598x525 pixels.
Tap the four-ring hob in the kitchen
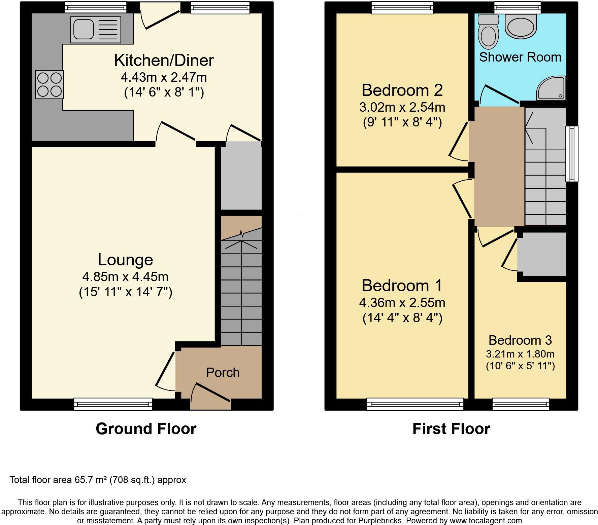pyautogui.click(x=49, y=84)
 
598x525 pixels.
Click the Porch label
pyautogui.click(x=223, y=373)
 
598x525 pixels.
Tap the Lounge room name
pyautogui.click(x=125, y=260)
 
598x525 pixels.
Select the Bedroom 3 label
pyautogui.click(x=520, y=340)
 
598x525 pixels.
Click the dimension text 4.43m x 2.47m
pyautogui.click(x=164, y=78)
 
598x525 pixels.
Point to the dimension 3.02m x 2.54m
pyautogui.click(x=402, y=107)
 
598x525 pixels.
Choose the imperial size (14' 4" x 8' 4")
pyautogui.click(x=402, y=318)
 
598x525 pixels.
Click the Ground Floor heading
pyautogui.click(x=146, y=429)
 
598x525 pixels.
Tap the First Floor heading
pyautogui.click(x=451, y=429)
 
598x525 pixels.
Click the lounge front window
pyautogui.click(x=113, y=404)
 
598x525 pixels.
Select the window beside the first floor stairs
pyautogui.click(x=572, y=154)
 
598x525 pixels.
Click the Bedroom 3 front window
pyautogui.click(x=520, y=404)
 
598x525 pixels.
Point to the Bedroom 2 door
pyautogui.click(x=459, y=140)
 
